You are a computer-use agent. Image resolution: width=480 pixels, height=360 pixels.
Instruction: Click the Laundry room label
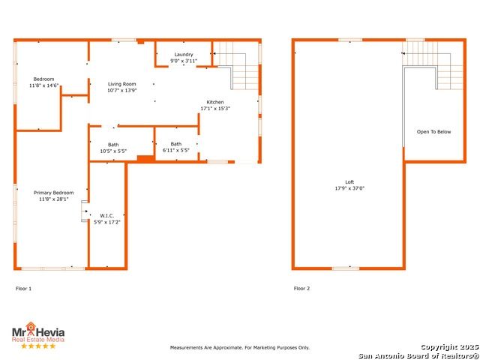pyautogui.click(x=184, y=55)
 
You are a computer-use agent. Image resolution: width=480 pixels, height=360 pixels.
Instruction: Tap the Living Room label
pyautogui.click(x=121, y=84)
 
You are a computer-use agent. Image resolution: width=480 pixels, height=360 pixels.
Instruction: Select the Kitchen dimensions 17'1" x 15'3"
pyautogui.click(x=215, y=108)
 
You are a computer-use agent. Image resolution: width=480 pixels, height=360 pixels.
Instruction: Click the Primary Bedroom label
pyautogui.click(x=53, y=193)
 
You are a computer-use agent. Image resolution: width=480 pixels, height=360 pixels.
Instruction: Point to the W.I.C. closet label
pyautogui.click(x=106, y=216)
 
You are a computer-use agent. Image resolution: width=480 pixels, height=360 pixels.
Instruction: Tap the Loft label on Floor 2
pyautogui.click(x=349, y=182)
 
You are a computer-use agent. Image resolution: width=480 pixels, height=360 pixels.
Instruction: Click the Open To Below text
pyautogui.click(x=433, y=132)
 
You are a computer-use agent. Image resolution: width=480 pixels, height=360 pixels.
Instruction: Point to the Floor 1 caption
pyautogui.click(x=23, y=289)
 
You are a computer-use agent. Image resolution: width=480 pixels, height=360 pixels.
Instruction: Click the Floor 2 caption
pyautogui.click(x=301, y=288)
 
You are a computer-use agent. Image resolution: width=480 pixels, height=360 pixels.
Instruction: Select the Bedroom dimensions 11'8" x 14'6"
pyautogui.click(x=43, y=85)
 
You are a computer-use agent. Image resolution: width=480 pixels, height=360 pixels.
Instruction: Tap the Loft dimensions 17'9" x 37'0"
pyautogui.click(x=349, y=188)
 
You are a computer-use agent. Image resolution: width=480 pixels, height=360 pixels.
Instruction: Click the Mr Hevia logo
pyautogui.click(x=38, y=332)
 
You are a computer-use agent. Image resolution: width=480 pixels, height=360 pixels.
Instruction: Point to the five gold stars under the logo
pyautogui.click(x=38, y=346)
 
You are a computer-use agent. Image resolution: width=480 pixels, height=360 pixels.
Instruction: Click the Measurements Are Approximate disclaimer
pyautogui.click(x=240, y=348)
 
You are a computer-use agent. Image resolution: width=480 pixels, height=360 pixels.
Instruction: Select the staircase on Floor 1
pyautogui.click(x=236, y=65)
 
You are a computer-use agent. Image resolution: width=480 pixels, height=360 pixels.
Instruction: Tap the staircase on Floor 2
pyautogui.click(x=433, y=65)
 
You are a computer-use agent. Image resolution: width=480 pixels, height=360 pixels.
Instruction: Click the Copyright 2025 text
pyautogui.click(x=449, y=347)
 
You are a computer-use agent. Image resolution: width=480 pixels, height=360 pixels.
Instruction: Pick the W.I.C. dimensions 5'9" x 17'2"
pyautogui.click(x=106, y=222)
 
